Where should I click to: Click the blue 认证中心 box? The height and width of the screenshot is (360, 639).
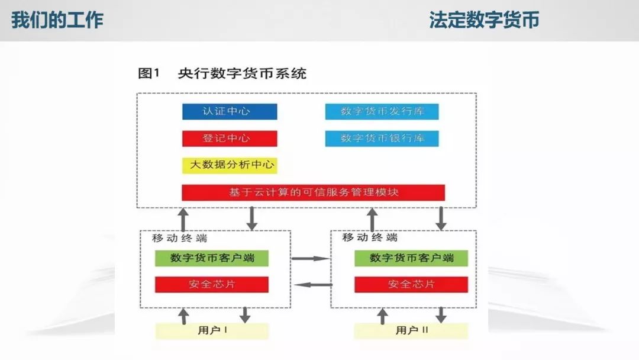pyautogui.click(x=230, y=111)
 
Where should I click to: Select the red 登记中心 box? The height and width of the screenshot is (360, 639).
pyautogui.click(x=230, y=138)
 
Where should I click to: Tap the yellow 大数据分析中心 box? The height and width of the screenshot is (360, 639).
pyautogui.click(x=230, y=165)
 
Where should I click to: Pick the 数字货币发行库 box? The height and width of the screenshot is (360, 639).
pyautogui.click(x=382, y=111)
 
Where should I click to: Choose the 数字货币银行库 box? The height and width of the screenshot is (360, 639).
pyautogui.click(x=382, y=138)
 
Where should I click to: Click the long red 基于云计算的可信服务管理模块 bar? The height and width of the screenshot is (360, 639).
pyautogui.click(x=313, y=192)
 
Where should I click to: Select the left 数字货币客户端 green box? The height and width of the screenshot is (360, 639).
pyautogui.click(x=212, y=258)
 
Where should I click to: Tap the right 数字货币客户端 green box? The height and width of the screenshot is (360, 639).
pyautogui.click(x=411, y=258)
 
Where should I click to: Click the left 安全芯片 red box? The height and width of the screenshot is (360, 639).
pyautogui.click(x=212, y=284)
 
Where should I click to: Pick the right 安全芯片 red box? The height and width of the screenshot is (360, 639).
pyautogui.click(x=411, y=284)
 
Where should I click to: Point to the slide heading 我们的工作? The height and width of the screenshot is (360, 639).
pyautogui.click(x=57, y=20)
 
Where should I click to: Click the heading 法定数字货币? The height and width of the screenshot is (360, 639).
pyautogui.click(x=484, y=20)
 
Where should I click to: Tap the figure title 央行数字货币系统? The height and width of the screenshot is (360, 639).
pyautogui.click(x=242, y=74)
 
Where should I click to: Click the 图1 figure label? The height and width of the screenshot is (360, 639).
pyautogui.click(x=149, y=74)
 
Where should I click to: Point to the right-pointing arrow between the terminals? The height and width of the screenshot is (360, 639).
pyautogui.click(x=311, y=259)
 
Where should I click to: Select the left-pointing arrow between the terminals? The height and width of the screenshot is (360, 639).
pyautogui.click(x=313, y=285)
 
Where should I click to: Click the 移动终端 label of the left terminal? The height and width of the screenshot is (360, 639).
pyautogui.click(x=179, y=238)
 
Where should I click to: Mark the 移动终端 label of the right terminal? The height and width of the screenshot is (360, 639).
pyautogui.click(x=370, y=237)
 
